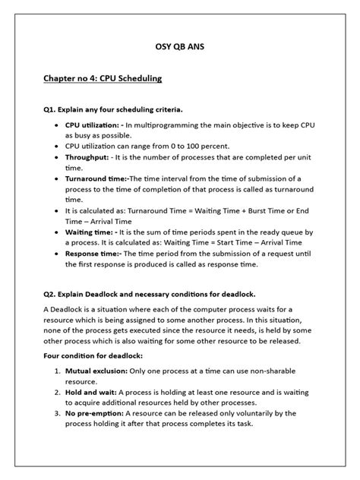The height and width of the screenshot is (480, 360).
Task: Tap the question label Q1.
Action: (51, 109)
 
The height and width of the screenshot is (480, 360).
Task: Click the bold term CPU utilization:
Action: (93, 124)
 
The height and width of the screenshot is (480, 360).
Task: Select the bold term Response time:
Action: (93, 257)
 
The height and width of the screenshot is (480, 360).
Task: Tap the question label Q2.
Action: (51, 293)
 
